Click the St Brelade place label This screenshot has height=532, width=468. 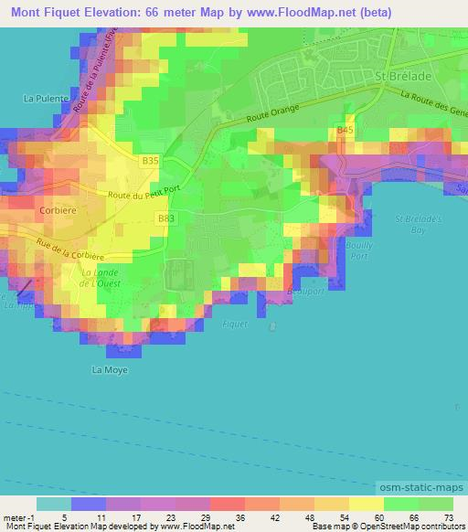[402, 78]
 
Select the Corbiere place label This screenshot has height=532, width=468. [57, 208]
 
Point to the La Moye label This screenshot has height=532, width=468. [110, 370]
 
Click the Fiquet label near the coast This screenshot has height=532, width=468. [236, 322]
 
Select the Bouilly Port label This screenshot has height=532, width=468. [360, 250]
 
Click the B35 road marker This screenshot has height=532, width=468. [151, 160]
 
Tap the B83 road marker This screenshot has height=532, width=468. [165, 218]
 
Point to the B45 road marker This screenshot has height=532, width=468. [345, 132]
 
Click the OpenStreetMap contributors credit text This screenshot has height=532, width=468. [416, 527]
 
